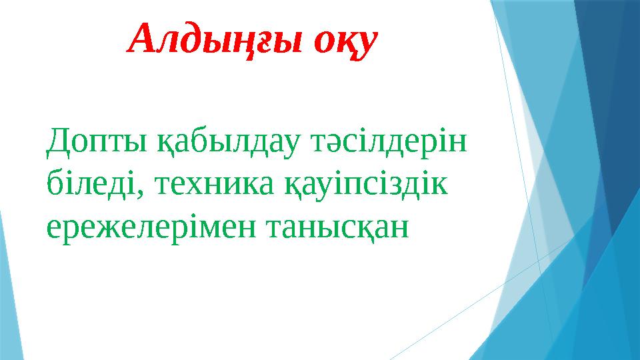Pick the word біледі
89,185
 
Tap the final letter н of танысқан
397,229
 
